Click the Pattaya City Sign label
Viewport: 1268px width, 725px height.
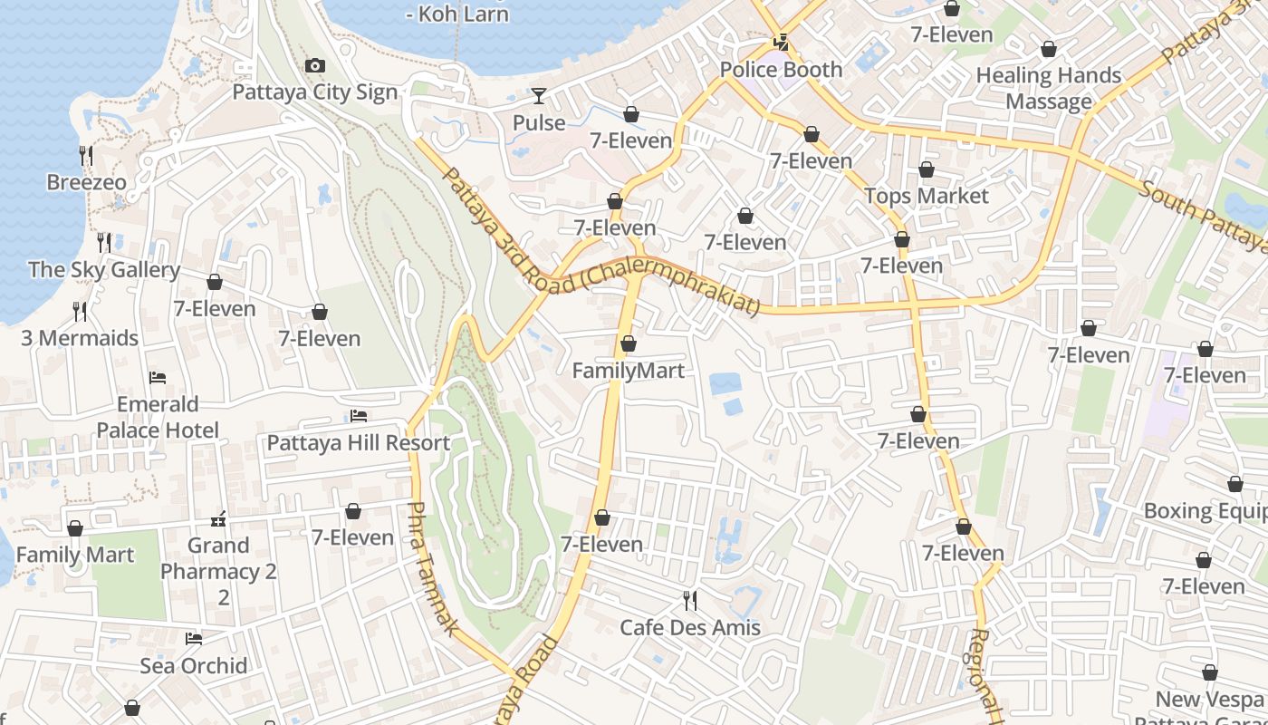(315, 92)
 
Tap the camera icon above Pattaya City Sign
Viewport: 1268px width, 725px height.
(314, 65)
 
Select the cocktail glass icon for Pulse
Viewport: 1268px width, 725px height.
(539, 95)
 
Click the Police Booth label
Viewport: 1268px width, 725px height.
(781, 70)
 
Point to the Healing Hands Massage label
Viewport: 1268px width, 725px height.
(1049, 88)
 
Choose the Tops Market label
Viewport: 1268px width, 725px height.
(927, 196)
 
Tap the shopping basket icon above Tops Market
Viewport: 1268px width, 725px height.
(927, 169)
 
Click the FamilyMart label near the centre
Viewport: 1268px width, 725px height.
(629, 371)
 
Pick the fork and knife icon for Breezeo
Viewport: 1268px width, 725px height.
(86, 156)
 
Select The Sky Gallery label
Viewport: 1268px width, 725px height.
(104, 269)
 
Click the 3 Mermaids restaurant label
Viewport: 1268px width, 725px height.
(80, 338)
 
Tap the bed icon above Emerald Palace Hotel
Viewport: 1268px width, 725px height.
(158, 377)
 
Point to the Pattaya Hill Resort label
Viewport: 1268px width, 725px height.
(358, 443)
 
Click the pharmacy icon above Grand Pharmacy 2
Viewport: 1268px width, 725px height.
(218, 519)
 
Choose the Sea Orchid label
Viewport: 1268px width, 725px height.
(194, 666)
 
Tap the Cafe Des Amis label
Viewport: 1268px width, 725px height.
(690, 627)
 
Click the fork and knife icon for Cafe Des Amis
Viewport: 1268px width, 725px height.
(690, 600)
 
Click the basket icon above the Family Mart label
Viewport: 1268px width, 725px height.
(75, 528)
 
